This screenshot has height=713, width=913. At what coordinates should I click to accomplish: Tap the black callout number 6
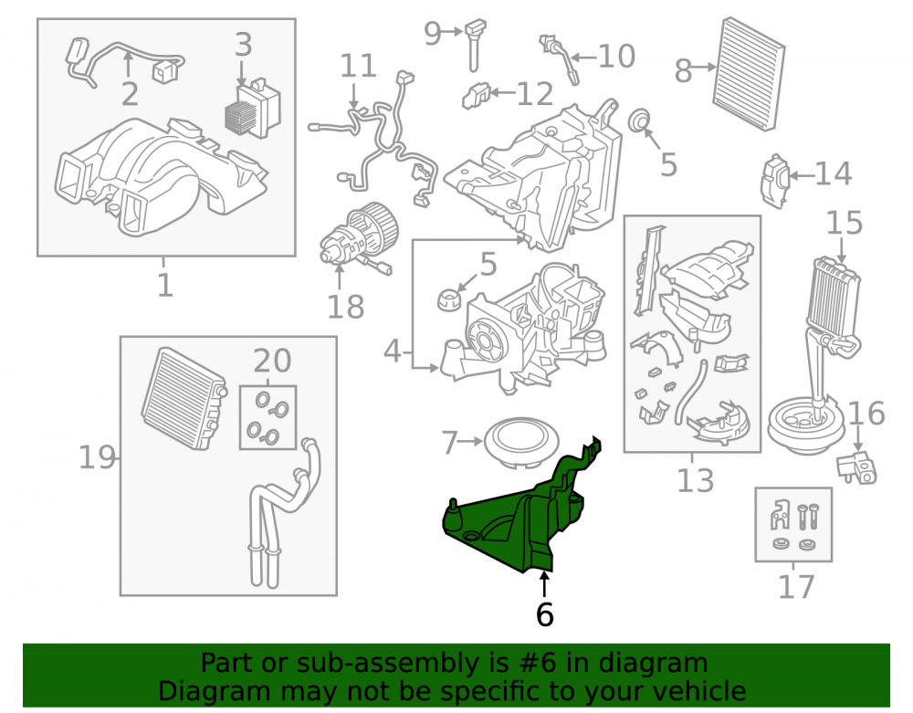tap(544, 614)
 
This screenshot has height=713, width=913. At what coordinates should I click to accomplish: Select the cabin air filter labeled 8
tap(749, 74)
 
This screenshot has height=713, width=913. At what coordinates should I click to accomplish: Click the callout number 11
tap(358, 66)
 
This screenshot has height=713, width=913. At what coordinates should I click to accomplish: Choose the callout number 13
tap(695, 481)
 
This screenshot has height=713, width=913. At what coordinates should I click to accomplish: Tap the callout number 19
tap(97, 457)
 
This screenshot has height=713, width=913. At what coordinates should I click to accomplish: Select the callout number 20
tap(272, 361)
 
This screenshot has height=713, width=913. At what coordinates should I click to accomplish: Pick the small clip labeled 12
tap(476, 96)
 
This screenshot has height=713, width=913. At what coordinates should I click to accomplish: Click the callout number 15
tap(845, 223)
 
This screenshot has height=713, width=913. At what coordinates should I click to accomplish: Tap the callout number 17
tap(795, 587)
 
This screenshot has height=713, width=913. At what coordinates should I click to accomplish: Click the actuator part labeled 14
tap(775, 182)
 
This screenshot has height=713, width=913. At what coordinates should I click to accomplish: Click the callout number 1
tap(164, 285)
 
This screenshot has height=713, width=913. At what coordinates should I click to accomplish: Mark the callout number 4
tap(393, 351)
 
